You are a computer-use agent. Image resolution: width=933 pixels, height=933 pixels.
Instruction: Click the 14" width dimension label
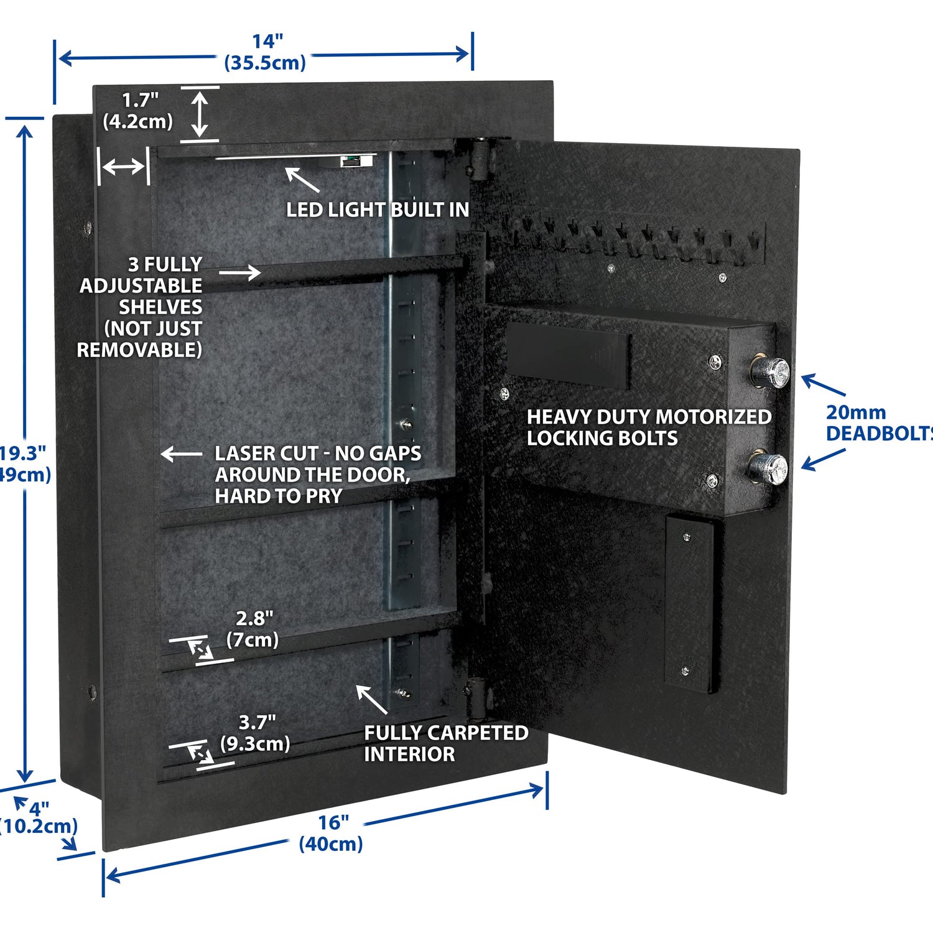click(266, 52)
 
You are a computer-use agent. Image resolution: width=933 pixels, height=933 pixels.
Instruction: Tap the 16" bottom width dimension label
click(331, 833)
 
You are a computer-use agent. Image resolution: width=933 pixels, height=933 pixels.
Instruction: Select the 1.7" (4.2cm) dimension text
click(138, 110)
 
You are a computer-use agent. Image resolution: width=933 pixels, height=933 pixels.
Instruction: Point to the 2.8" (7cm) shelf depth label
click(253, 629)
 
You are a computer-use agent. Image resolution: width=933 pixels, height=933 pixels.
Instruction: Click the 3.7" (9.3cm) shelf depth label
click(255, 733)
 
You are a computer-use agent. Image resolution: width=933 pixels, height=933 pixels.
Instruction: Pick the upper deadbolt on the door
click(770, 371)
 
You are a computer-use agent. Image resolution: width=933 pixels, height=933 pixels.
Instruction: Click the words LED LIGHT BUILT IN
click(377, 210)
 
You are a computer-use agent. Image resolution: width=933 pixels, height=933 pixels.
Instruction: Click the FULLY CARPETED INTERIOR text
click(445, 743)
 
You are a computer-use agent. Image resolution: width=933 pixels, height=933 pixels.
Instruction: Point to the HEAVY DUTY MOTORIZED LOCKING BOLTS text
click(648, 427)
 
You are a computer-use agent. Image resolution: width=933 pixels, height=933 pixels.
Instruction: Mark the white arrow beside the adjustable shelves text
click(239, 272)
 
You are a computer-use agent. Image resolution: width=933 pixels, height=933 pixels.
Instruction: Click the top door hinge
click(480, 159)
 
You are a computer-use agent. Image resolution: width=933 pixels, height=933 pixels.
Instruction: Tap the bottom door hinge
click(476, 697)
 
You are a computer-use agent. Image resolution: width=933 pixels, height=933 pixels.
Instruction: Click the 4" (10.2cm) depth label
click(39, 818)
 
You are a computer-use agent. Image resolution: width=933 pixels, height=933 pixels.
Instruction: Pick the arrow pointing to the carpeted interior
click(371, 699)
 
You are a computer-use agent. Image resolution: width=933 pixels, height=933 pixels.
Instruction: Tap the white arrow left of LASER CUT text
click(181, 455)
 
